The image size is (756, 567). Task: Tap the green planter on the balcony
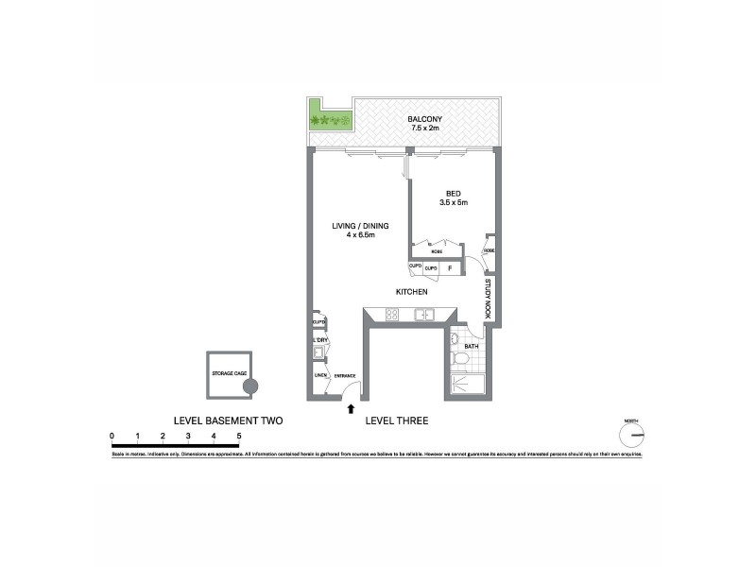point(329,121)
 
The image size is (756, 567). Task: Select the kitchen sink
point(422,317)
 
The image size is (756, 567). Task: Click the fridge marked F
point(449,268)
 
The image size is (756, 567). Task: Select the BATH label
point(471,347)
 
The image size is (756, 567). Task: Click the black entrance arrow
point(352,409)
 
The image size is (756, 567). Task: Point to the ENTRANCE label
point(344,376)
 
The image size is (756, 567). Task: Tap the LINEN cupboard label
point(320,376)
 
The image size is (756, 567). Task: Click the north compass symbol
point(631,435)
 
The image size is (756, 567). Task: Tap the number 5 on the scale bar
point(239,436)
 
